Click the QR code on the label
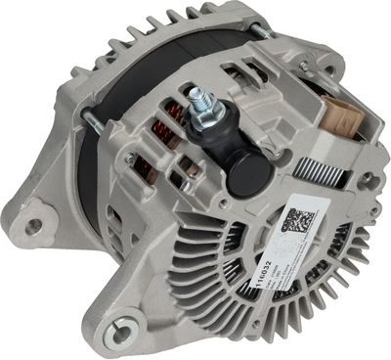point(295,218)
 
